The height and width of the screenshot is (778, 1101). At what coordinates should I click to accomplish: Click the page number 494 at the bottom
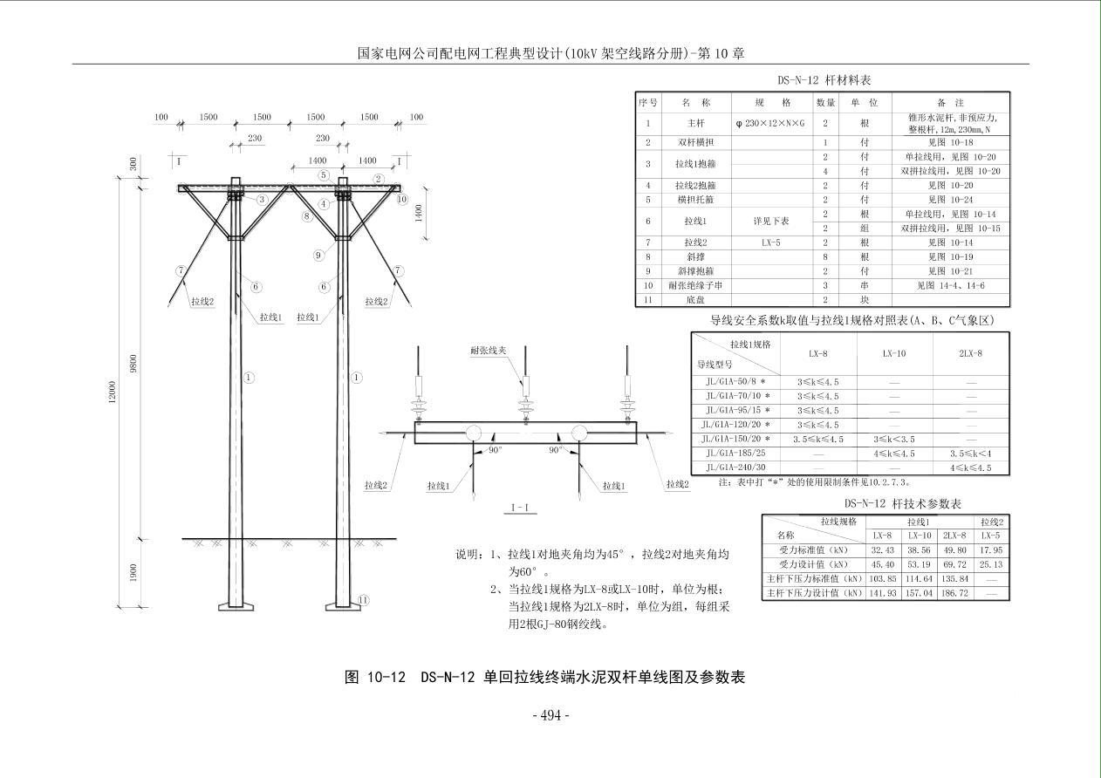coord(550,716)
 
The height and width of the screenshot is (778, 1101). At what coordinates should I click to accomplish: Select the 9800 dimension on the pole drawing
coord(133,363)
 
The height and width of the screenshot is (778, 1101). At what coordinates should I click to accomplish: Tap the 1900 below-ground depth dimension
coord(133,573)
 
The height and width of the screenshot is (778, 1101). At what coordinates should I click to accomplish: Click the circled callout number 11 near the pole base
coord(364,600)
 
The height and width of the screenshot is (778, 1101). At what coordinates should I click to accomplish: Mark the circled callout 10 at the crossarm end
coord(402,199)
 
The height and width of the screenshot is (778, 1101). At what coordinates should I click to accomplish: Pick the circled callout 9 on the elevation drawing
coord(319,256)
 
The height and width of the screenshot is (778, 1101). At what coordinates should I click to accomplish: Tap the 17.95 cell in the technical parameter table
coord(990,550)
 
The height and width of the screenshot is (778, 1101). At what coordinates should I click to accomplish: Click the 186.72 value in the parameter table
coord(954,592)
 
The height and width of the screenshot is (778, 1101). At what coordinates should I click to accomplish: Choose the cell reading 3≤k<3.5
coord(894,439)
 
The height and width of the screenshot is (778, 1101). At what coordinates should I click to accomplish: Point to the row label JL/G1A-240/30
coord(735,467)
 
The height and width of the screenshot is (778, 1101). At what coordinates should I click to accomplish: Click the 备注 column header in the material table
coord(951,103)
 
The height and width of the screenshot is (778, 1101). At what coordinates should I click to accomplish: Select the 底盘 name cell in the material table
coord(695,300)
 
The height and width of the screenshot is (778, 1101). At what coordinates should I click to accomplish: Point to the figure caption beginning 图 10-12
coord(545,677)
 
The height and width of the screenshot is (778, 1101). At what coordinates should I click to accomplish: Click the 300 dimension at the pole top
coord(133,164)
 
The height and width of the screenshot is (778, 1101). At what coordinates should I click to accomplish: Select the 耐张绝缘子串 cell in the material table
coord(695,285)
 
